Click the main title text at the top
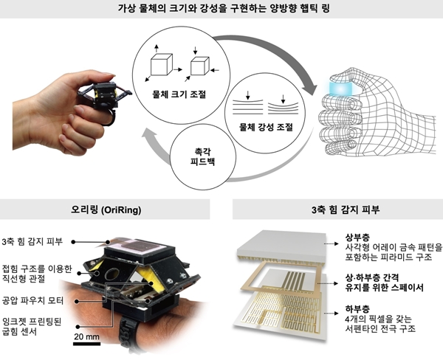(221, 10)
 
